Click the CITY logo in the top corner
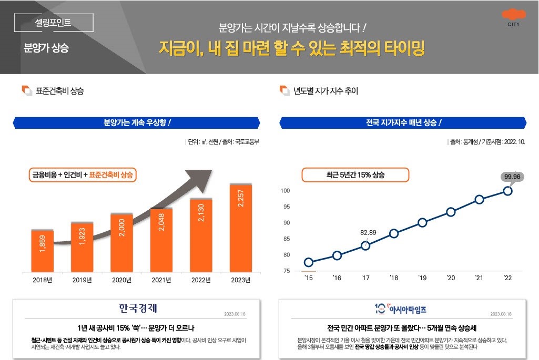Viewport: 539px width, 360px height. pos(513,17)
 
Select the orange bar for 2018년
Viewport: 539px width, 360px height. pos(42,251)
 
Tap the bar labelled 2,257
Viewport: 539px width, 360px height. pos(241,228)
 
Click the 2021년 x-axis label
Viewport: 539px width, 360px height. pos(161,280)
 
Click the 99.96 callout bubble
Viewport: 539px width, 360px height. pos(512,177)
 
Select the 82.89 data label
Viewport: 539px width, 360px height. pos(368,232)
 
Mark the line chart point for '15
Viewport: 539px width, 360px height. pos(309,262)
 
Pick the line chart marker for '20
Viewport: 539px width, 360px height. pos(451,212)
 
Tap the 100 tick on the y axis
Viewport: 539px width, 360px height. pos(285,190)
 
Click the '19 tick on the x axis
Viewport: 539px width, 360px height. pos(422,278)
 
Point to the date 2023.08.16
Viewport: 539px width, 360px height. pos(235,314)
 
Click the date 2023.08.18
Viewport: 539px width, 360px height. pos(501,314)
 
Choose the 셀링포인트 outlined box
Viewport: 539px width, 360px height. pos(53,23)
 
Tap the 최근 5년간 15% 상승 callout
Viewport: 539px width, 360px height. pos(355,175)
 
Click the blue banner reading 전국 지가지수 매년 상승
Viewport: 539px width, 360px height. pos(403,123)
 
